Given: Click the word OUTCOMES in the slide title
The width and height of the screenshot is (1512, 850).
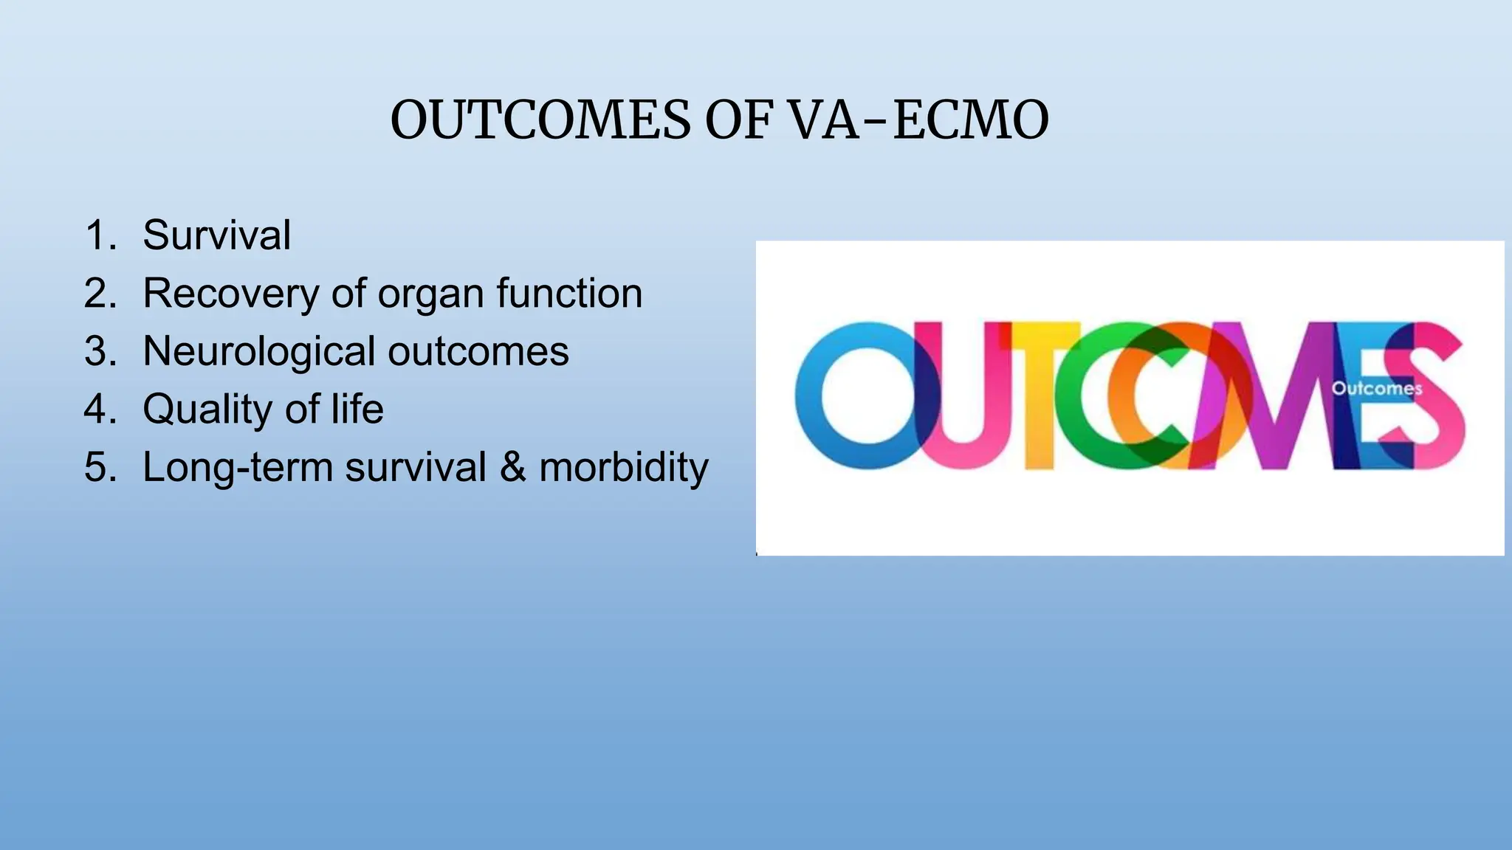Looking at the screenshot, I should (540, 120).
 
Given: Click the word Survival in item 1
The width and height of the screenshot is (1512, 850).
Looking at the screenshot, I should (217, 235).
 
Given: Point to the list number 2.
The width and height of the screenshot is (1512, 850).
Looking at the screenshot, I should (100, 294).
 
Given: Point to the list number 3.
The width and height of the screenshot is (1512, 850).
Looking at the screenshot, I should (100, 351).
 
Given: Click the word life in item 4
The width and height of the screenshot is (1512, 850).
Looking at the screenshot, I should (357, 409).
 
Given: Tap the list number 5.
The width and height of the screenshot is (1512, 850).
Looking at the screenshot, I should (100, 468).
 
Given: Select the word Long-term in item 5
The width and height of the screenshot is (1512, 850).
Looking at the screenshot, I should (238, 468).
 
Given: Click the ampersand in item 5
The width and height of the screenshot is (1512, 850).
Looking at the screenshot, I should (513, 468).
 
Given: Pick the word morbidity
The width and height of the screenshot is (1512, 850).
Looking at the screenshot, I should (624, 468).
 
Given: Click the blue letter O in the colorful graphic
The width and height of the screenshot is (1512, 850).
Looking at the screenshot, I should (856, 396).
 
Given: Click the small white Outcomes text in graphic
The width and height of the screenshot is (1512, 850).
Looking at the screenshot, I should (1376, 389).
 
